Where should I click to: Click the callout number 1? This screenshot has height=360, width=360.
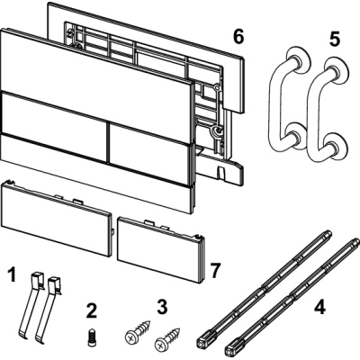[12, 275]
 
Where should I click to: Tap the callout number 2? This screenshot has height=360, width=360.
[92, 310]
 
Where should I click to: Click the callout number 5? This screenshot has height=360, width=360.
[334, 39]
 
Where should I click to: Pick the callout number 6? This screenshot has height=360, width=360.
[238, 37]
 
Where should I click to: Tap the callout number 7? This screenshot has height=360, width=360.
[215, 270]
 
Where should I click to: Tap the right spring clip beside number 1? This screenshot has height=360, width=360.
[48, 309]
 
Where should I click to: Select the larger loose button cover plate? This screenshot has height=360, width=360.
[57, 218]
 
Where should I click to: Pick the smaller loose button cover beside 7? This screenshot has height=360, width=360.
[161, 249]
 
